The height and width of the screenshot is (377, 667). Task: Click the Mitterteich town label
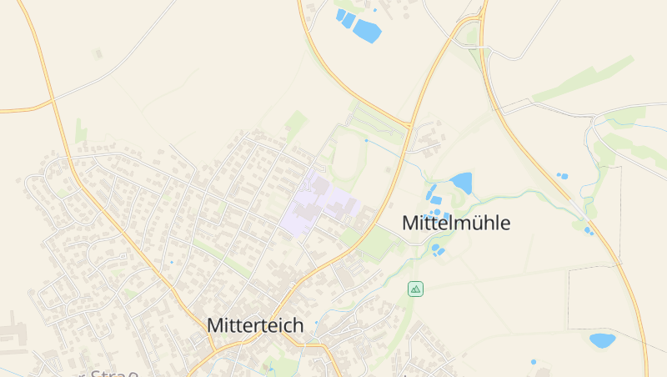click(x=255, y=325)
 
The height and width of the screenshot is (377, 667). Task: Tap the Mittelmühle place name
click(x=455, y=223)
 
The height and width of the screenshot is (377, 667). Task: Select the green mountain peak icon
click(x=415, y=289)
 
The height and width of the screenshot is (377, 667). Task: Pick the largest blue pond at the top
click(x=366, y=31)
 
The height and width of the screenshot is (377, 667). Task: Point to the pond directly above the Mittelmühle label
click(x=461, y=182)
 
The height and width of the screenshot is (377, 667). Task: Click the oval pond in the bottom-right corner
click(x=601, y=339)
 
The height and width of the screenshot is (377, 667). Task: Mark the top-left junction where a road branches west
click(x=53, y=101)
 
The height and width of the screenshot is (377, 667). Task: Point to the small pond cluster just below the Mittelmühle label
click(x=438, y=248)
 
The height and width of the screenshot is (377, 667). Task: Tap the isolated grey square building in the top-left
click(x=98, y=54)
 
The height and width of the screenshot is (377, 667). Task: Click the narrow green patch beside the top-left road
click(x=80, y=131)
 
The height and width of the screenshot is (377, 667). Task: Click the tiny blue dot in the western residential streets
click(x=172, y=263)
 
